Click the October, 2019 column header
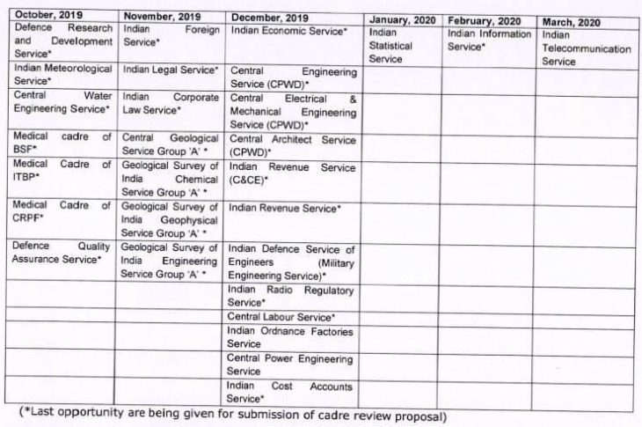pos(43,16)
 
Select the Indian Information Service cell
pos(489,40)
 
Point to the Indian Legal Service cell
pos(171,68)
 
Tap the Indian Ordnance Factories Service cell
pos(290,337)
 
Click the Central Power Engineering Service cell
pos(290,364)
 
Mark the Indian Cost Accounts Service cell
pos(290,392)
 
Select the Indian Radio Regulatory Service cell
pos(290,296)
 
